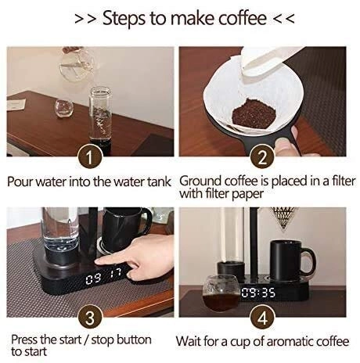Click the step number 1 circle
point(90,156)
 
